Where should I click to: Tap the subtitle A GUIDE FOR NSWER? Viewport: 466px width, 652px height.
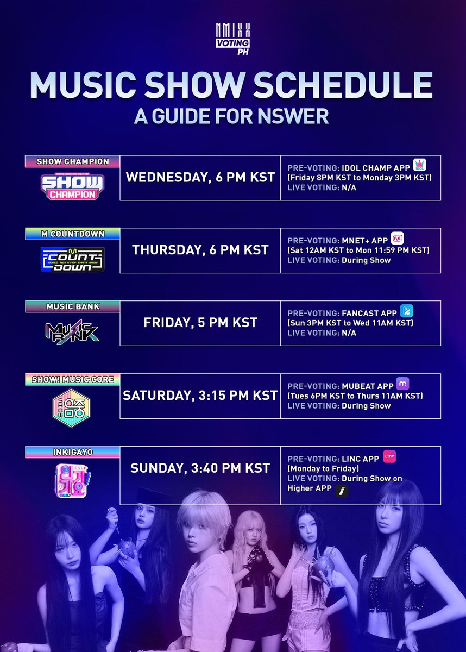pos(232,116)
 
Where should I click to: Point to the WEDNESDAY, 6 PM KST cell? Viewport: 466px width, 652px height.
pos(200,178)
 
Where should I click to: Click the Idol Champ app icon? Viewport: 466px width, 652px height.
pos(419,165)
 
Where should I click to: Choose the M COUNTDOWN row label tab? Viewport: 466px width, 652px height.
pos(72,234)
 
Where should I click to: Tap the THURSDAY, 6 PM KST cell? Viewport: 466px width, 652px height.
pos(200,250)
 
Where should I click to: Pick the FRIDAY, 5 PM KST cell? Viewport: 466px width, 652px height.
pos(200,323)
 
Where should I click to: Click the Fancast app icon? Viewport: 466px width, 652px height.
pos(406,311)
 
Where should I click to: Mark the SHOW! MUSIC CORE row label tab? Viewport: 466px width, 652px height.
pos(72,379)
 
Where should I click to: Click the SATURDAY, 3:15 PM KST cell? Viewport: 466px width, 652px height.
pos(200,396)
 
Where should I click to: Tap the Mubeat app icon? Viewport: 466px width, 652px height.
pos(402,383)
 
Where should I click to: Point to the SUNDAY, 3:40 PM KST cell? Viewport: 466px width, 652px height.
pos(200,468)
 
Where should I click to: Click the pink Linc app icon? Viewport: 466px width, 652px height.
pos(389,457)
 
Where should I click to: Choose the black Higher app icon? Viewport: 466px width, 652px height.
pos(342,491)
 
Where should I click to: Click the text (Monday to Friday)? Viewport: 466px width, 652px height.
pos(324,468)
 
